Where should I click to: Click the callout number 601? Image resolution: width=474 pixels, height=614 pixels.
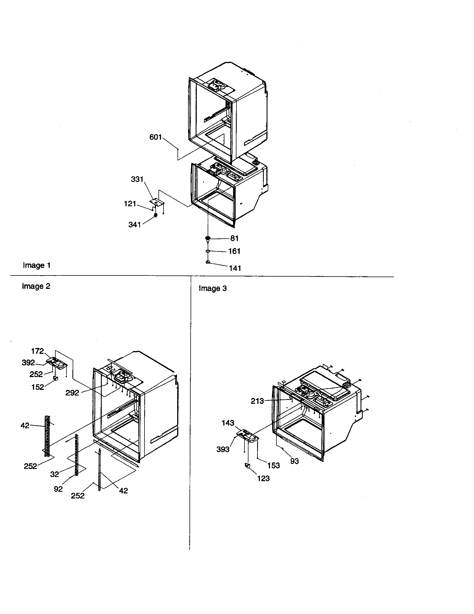click(x=155, y=137)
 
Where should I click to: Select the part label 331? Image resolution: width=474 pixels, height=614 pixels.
click(x=137, y=179)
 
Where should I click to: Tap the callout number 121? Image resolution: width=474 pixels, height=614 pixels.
click(x=130, y=203)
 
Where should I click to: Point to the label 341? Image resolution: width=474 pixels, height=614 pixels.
click(x=134, y=225)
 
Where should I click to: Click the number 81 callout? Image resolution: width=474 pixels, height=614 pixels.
click(x=234, y=238)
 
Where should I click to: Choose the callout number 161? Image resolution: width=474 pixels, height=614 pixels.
click(x=234, y=251)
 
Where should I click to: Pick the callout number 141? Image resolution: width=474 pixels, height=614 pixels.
click(x=235, y=268)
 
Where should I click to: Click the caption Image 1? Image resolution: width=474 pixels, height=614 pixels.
click(x=37, y=265)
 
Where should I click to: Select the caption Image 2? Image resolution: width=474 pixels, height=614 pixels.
click(x=36, y=286)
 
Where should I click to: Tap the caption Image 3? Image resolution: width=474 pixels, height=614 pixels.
click(x=212, y=288)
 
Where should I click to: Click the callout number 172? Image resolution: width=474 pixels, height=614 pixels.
click(x=37, y=351)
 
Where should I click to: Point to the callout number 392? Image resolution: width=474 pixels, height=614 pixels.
click(x=28, y=363)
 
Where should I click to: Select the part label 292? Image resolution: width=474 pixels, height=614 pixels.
click(x=72, y=393)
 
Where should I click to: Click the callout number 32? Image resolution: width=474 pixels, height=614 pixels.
click(x=54, y=474)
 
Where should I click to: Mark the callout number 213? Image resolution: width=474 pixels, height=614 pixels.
click(x=257, y=401)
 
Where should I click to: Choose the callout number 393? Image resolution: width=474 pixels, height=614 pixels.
click(x=223, y=449)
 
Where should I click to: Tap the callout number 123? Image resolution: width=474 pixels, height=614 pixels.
click(x=263, y=478)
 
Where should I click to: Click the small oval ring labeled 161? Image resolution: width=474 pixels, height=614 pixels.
click(x=208, y=250)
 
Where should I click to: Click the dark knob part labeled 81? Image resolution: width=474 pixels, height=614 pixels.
click(x=208, y=238)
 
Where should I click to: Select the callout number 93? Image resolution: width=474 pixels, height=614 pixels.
click(x=294, y=461)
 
